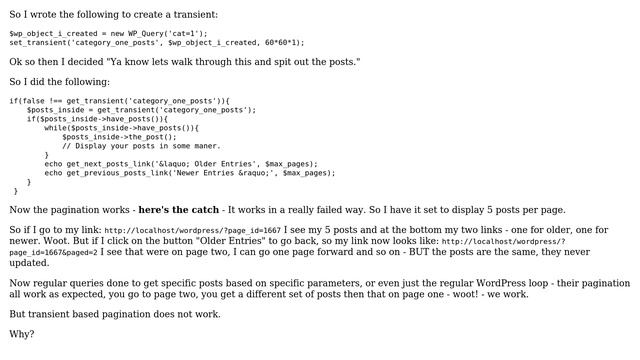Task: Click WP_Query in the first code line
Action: tap(129, 33)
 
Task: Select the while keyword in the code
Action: tap(55, 128)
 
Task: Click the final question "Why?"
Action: tap(22, 334)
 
